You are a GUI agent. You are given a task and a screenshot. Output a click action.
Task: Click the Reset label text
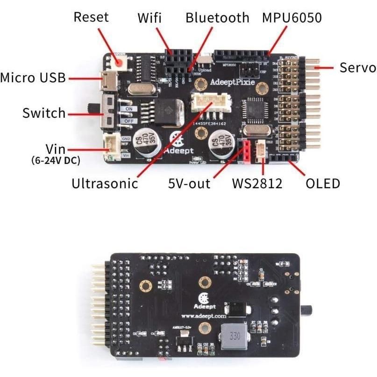click(x=91, y=17)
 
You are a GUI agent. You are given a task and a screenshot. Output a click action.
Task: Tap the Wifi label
click(x=149, y=18)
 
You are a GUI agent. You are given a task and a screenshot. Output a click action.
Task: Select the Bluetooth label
click(x=217, y=18)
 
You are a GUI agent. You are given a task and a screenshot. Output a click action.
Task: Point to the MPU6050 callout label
click(x=292, y=18)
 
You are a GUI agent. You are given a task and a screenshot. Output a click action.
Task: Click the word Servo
click(x=357, y=67)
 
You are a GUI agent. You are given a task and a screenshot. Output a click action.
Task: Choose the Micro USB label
click(x=33, y=78)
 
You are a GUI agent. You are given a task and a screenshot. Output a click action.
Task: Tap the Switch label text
click(x=44, y=113)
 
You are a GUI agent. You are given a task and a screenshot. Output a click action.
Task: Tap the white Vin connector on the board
click(x=112, y=144)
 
